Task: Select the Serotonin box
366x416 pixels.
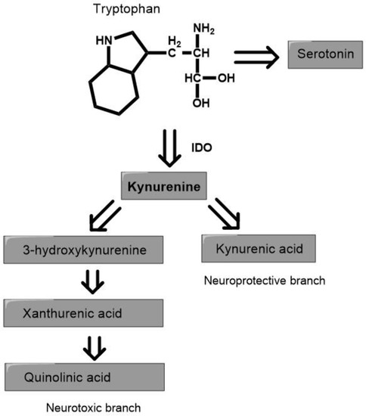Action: click(322, 56)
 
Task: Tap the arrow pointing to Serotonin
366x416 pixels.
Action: click(258, 57)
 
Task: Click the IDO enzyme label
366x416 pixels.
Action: click(203, 148)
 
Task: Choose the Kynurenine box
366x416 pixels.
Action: click(164, 187)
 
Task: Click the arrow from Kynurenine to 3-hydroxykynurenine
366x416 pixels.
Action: click(107, 217)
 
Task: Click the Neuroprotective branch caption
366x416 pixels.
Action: click(264, 281)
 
